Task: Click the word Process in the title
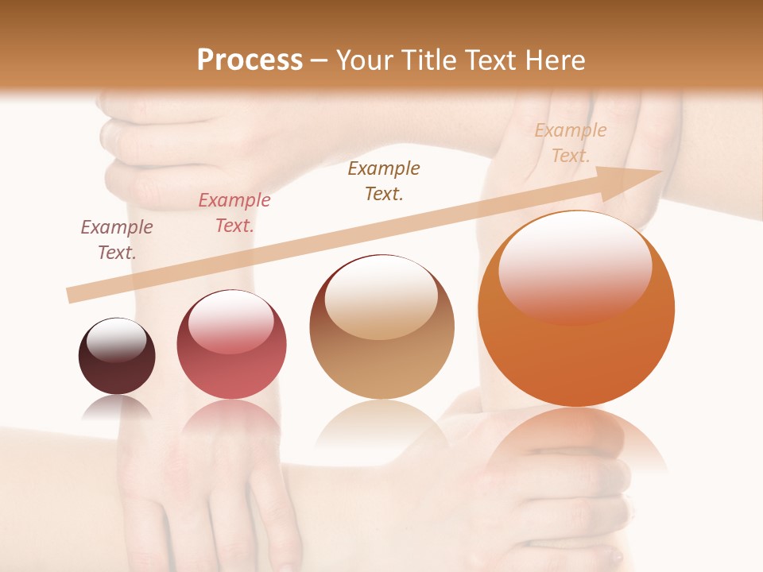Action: [x=250, y=60]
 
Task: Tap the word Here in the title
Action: [x=555, y=60]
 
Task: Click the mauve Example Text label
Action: [x=117, y=239]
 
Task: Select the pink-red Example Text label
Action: [x=234, y=212]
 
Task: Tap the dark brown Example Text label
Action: [x=384, y=180]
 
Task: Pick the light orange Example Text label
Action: [x=571, y=142]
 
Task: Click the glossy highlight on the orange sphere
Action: [x=575, y=266]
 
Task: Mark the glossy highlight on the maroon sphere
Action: [x=117, y=339]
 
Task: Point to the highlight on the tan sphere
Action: [x=381, y=296]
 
